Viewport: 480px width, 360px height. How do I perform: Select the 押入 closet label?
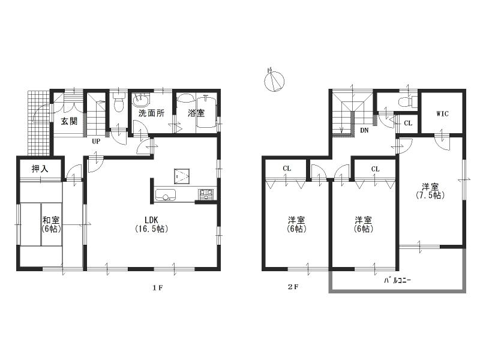coord(40,169)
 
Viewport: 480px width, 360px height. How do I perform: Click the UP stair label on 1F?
coord(95,142)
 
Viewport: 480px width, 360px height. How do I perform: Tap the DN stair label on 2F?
coord(364,130)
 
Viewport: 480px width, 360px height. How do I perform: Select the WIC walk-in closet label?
coord(442,113)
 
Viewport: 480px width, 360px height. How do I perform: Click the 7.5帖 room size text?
coord(429,196)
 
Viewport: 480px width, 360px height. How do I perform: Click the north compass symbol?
coord(274,80)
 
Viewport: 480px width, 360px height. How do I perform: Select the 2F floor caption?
coord(292,287)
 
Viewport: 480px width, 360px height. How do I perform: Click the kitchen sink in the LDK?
coord(165,194)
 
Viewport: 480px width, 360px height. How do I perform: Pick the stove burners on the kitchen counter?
coord(205,194)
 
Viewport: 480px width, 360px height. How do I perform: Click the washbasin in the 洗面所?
coord(142,100)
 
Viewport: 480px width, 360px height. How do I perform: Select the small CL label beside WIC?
coord(408,123)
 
